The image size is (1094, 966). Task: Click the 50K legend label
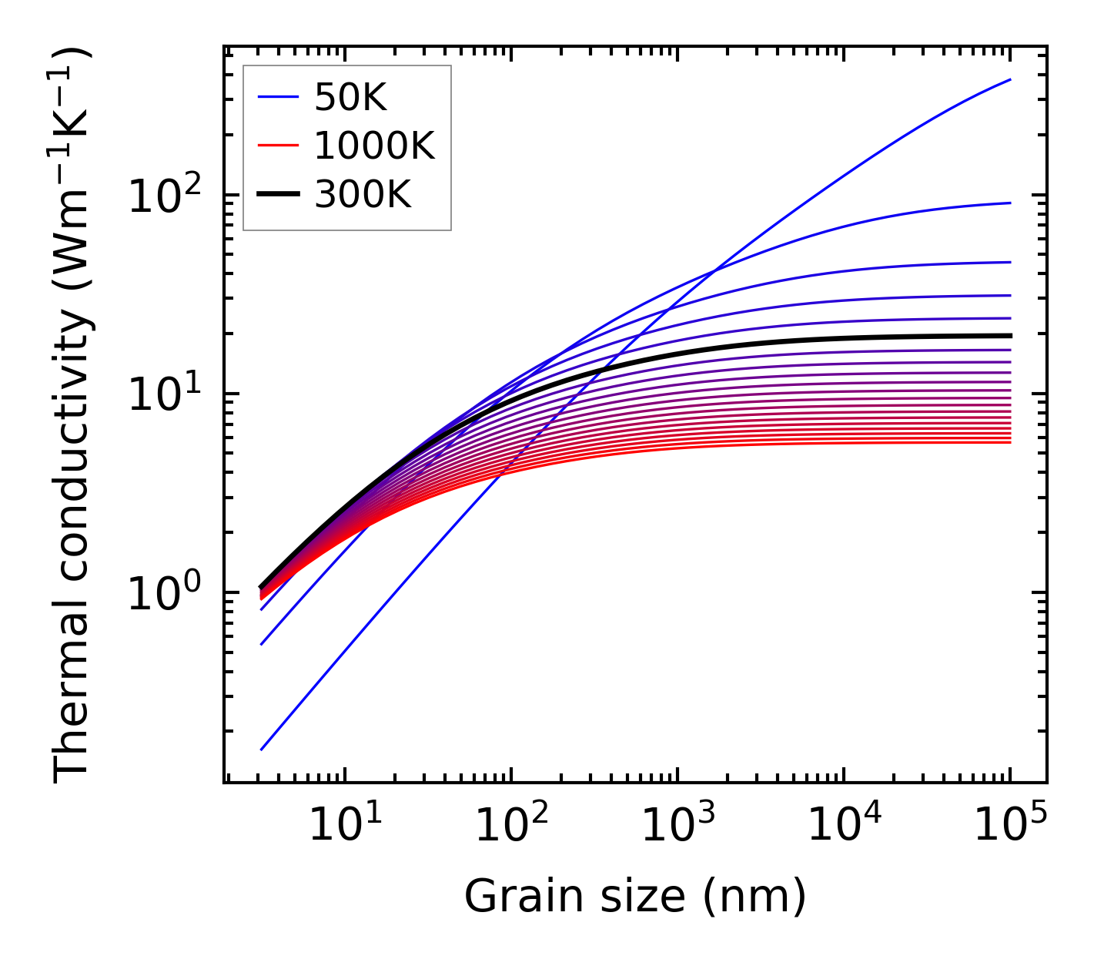350,98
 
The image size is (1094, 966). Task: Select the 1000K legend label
374,146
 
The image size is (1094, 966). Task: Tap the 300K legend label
363,196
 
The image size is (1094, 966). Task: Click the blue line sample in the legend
277,98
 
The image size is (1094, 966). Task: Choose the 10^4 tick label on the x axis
843,826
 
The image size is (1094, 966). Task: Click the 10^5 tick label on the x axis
1009,826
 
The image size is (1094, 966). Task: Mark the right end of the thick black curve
1009,336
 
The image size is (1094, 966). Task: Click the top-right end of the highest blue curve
1009,79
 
